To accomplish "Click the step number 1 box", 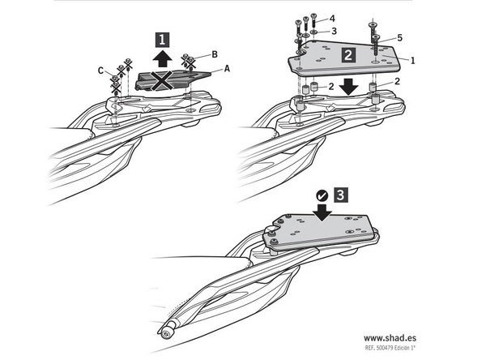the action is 163,40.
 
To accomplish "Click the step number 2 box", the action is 348,55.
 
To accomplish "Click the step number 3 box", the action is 340,195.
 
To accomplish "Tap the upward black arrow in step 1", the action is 163,59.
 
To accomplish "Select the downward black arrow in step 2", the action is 349,87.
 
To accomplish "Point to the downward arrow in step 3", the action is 322,212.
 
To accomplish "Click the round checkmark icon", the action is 322,195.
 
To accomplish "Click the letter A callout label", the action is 227,68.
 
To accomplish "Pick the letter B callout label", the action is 215,54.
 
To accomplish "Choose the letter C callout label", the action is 100,71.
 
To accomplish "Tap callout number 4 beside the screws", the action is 332,19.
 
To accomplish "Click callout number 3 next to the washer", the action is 334,31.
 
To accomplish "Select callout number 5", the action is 399,38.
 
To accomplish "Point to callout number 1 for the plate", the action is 412,61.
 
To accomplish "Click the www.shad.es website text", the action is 390,337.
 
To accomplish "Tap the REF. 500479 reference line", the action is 390,348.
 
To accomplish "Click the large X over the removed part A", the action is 161,80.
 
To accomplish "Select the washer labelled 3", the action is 313,32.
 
